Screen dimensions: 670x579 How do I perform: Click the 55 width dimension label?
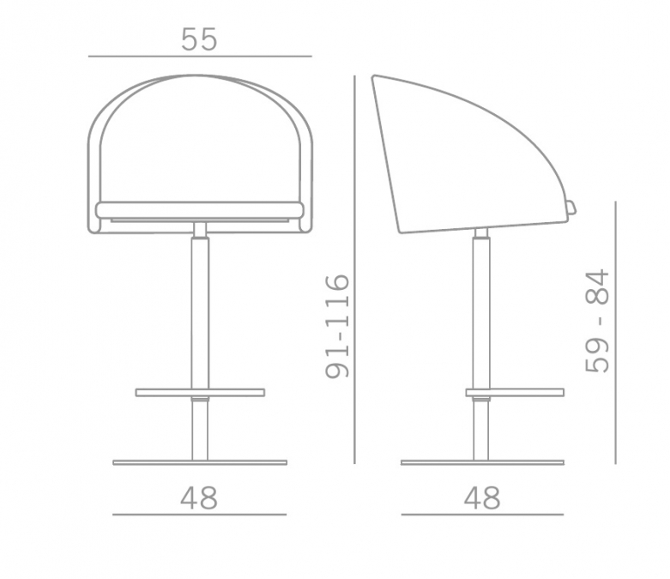pyautogui.click(x=199, y=39)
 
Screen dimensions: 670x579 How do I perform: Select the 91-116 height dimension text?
pyautogui.click(x=337, y=327)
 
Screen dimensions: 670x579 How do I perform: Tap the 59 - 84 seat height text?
pyautogui.click(x=596, y=321)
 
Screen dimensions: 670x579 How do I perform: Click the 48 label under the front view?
pyautogui.click(x=199, y=498)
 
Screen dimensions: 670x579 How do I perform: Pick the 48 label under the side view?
pyautogui.click(x=482, y=498)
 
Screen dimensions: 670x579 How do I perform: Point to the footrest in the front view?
pyautogui.click(x=200, y=392)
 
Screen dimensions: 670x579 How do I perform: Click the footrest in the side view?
pyautogui.click(x=515, y=392)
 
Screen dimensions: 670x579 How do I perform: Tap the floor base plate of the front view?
pyautogui.click(x=200, y=462)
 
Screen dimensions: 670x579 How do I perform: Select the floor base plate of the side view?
pyautogui.click(x=482, y=462)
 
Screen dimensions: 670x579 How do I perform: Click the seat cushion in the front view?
pyautogui.click(x=200, y=210)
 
